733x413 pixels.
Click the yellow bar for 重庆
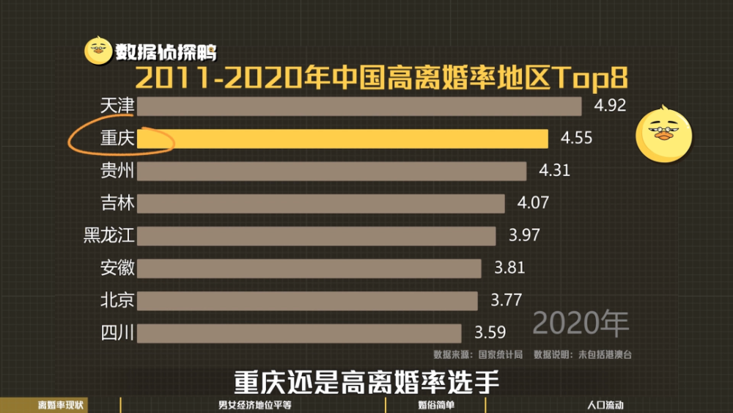coord(342,139)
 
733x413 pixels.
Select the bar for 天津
coord(359,106)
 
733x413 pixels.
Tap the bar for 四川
coord(299,334)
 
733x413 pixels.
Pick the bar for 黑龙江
coord(317,236)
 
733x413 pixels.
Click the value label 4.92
coord(610,105)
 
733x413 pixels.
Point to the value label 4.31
coord(555,170)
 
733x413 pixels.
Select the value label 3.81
coord(509,268)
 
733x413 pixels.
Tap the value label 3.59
coord(490,332)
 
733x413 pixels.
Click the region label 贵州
coord(117,171)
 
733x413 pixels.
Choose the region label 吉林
coord(117,203)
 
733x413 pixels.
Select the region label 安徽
coord(117,268)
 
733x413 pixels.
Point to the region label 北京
coord(117,300)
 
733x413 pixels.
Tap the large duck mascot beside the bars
coord(664,135)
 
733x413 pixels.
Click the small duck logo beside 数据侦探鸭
coord(98,51)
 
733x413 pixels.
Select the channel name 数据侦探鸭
coord(166,52)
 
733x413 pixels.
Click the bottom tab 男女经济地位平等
coord(255,405)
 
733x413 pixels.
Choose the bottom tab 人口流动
coord(605,405)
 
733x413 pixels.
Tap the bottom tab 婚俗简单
coord(436,405)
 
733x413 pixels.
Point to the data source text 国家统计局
coord(500,354)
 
